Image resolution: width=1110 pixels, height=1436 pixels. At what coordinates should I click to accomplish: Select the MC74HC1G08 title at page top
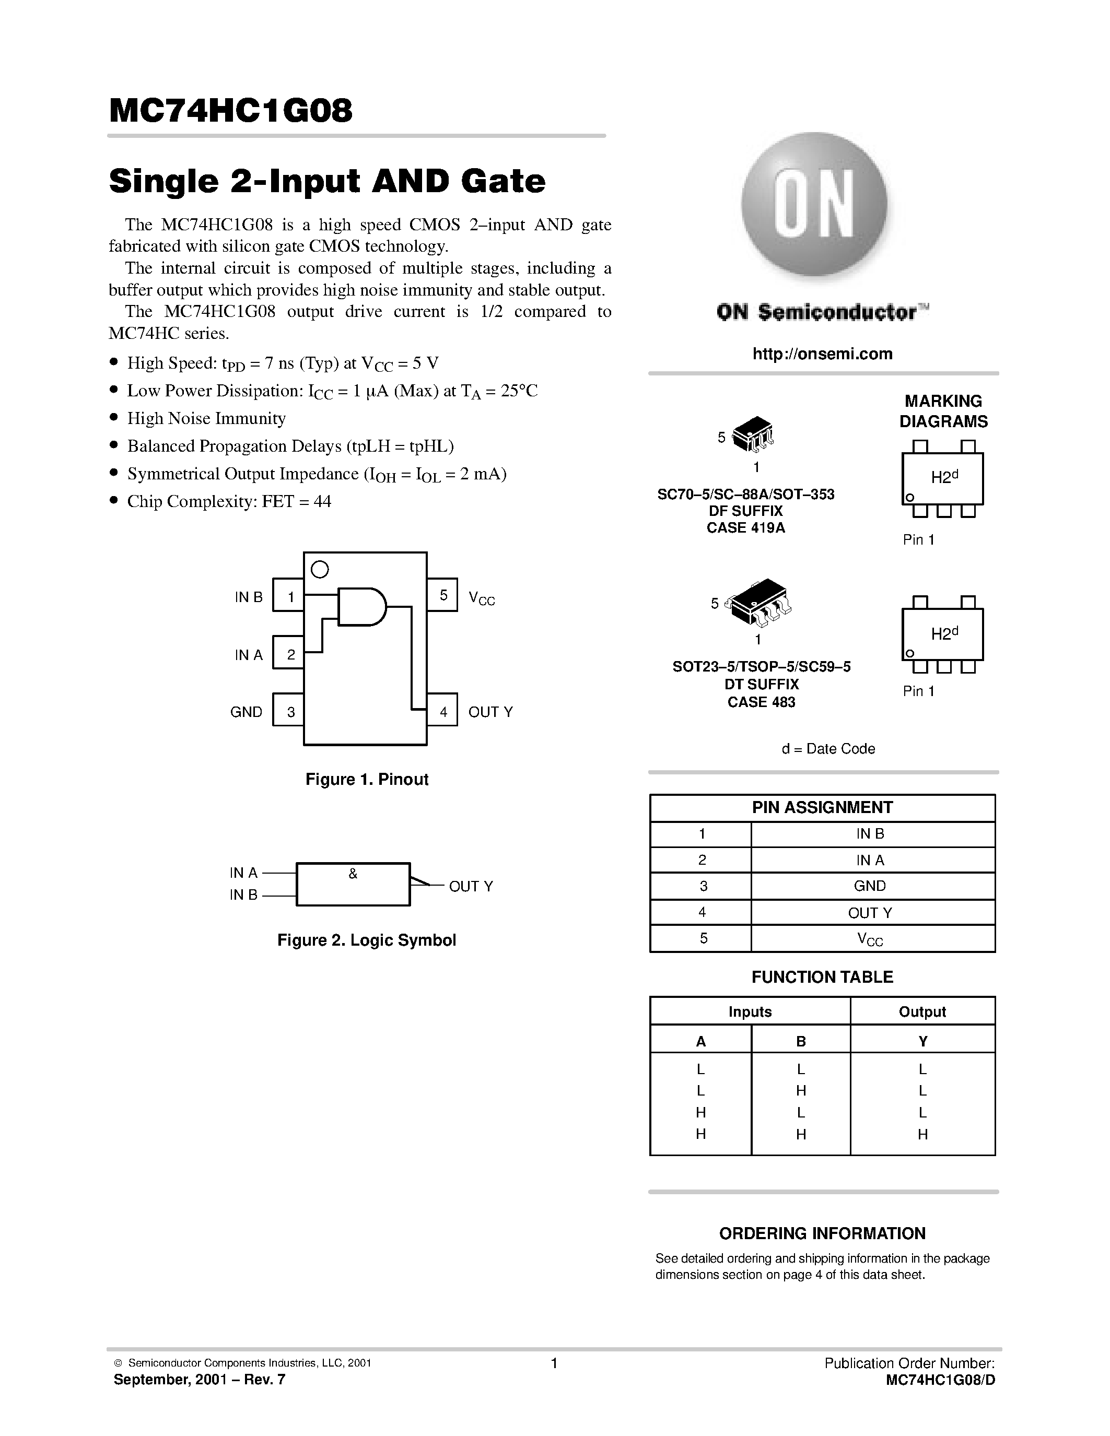pos(231,111)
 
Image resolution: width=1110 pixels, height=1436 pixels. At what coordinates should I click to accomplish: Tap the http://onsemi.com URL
pos(822,354)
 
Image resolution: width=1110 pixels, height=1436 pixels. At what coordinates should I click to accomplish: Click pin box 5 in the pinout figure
pos(442,595)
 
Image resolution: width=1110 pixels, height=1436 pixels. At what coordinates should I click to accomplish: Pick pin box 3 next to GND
pos(288,711)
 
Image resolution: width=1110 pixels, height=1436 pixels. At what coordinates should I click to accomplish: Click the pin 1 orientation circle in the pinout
pos(320,569)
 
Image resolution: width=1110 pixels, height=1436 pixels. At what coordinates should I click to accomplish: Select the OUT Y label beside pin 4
pos(490,711)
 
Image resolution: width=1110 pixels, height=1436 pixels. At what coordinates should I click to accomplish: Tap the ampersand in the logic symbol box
pos(353,874)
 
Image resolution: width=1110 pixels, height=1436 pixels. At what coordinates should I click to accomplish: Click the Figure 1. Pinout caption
pos(367,779)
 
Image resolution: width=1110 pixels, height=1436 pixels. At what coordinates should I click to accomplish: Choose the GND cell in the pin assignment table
pos(869,886)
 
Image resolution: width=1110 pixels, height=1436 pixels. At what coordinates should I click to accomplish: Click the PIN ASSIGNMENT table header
pos(822,807)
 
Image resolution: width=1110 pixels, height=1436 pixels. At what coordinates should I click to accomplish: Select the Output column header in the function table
pos(922,1011)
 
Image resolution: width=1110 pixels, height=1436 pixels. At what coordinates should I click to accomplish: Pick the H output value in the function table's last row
pos(922,1134)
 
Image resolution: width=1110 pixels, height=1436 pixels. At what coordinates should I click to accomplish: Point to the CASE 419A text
pos(746,528)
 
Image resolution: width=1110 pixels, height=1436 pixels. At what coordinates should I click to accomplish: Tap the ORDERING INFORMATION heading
pos(822,1233)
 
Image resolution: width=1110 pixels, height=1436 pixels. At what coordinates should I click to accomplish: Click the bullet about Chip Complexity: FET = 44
pos(228,502)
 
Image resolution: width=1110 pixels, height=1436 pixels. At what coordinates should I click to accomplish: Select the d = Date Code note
pos(828,749)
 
